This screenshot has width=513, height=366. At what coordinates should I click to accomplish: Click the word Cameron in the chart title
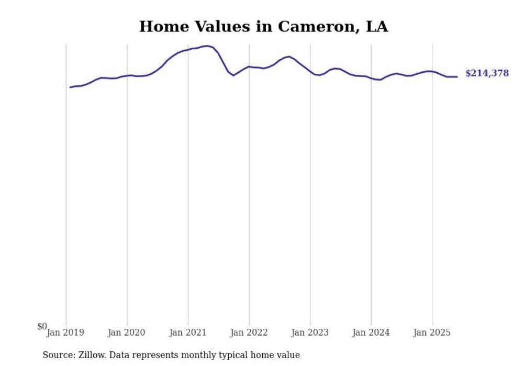tap(316, 27)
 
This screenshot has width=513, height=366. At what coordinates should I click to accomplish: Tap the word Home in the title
tap(162, 27)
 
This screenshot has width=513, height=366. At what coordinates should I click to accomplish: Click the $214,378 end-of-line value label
tap(487, 73)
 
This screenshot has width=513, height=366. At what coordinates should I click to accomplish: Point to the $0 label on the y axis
tap(42, 326)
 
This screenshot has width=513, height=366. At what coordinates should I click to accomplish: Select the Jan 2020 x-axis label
tap(126, 332)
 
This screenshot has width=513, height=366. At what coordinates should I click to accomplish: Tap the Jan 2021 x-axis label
tap(187, 332)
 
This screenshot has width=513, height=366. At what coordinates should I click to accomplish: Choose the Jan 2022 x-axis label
tap(249, 332)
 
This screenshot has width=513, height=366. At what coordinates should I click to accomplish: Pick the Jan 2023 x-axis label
tap(310, 332)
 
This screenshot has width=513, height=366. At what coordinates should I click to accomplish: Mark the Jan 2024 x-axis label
tap(371, 332)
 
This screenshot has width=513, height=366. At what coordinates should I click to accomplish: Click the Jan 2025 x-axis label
tap(432, 332)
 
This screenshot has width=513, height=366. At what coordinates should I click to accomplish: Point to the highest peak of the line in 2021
tap(207, 46)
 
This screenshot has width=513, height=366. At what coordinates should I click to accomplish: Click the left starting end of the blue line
tap(70, 87)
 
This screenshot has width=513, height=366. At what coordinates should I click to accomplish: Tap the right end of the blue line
tap(457, 76)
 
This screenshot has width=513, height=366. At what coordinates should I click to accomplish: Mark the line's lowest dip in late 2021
tap(233, 75)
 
